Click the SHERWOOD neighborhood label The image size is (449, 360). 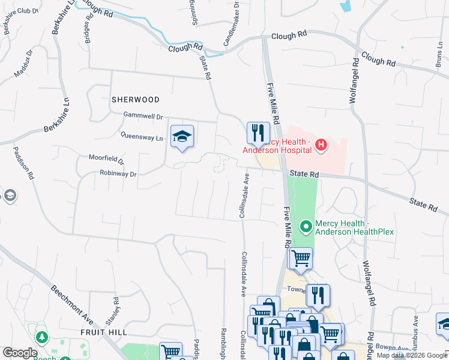(135, 100)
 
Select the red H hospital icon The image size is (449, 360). (321, 144)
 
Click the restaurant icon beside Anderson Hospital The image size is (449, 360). (258, 133)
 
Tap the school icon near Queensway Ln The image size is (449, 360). (182, 136)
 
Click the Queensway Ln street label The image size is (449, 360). (142, 137)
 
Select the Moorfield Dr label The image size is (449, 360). (106, 160)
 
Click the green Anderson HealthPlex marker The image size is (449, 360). (306, 226)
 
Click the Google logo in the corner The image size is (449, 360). (20, 353)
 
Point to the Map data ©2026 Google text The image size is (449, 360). (412, 355)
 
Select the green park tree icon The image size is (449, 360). (41, 337)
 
